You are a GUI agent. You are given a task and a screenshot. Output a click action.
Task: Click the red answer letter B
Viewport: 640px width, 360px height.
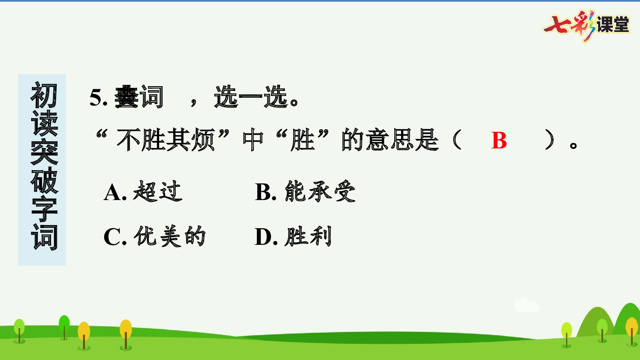click(499, 140)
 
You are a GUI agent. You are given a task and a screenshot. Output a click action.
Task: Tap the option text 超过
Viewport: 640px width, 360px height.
click(157, 191)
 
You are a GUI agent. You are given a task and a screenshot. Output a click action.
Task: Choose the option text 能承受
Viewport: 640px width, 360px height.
click(320, 191)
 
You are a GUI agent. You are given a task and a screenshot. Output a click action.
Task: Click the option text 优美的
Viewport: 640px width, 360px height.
click(169, 236)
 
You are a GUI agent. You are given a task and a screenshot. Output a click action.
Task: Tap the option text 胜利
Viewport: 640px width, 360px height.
click(308, 236)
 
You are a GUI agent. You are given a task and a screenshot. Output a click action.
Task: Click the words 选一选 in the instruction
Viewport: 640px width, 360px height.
click(251, 97)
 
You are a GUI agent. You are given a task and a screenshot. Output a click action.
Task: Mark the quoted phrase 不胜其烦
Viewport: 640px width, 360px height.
click(166, 140)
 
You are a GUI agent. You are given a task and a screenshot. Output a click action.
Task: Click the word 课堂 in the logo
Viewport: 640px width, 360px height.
click(613, 25)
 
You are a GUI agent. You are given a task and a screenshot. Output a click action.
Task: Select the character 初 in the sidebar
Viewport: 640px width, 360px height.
click(44, 96)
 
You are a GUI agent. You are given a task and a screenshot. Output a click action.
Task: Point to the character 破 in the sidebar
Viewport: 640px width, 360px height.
click(44, 180)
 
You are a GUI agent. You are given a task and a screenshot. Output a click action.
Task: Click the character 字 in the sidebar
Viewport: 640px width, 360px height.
click(44, 209)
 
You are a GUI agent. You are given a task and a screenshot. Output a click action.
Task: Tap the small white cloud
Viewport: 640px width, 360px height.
click(527, 305)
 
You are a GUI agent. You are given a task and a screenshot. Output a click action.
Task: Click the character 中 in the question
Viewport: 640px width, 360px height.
click(253, 140)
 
